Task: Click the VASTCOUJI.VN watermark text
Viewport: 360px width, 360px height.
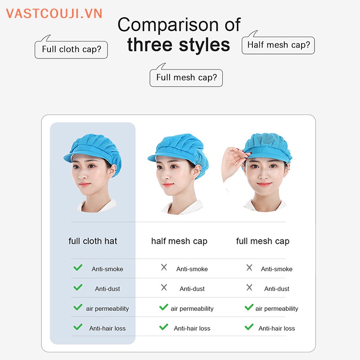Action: point(54,13)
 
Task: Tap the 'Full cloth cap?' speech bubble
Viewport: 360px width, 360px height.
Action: point(71,49)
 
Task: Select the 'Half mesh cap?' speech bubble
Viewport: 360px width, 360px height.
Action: point(278,45)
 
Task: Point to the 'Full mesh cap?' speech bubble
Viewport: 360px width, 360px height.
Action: point(186,77)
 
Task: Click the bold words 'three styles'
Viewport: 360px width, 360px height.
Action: point(178,45)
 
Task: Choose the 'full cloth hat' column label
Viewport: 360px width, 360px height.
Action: point(93,241)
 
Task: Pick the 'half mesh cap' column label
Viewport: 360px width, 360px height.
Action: point(179,241)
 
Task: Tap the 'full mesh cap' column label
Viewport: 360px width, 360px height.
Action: point(263,241)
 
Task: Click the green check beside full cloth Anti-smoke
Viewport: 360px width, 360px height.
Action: point(78,268)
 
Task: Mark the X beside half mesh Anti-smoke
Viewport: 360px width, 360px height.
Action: point(164,268)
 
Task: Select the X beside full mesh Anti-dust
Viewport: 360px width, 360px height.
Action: point(249,288)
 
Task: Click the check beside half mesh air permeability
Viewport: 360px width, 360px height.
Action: point(164,307)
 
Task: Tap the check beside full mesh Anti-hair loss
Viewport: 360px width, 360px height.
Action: point(249,327)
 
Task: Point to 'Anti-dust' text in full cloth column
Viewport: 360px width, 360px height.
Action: point(108,289)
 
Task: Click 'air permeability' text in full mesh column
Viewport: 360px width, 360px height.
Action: point(277,309)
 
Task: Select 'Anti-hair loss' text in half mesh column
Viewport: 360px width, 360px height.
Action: point(192,328)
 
